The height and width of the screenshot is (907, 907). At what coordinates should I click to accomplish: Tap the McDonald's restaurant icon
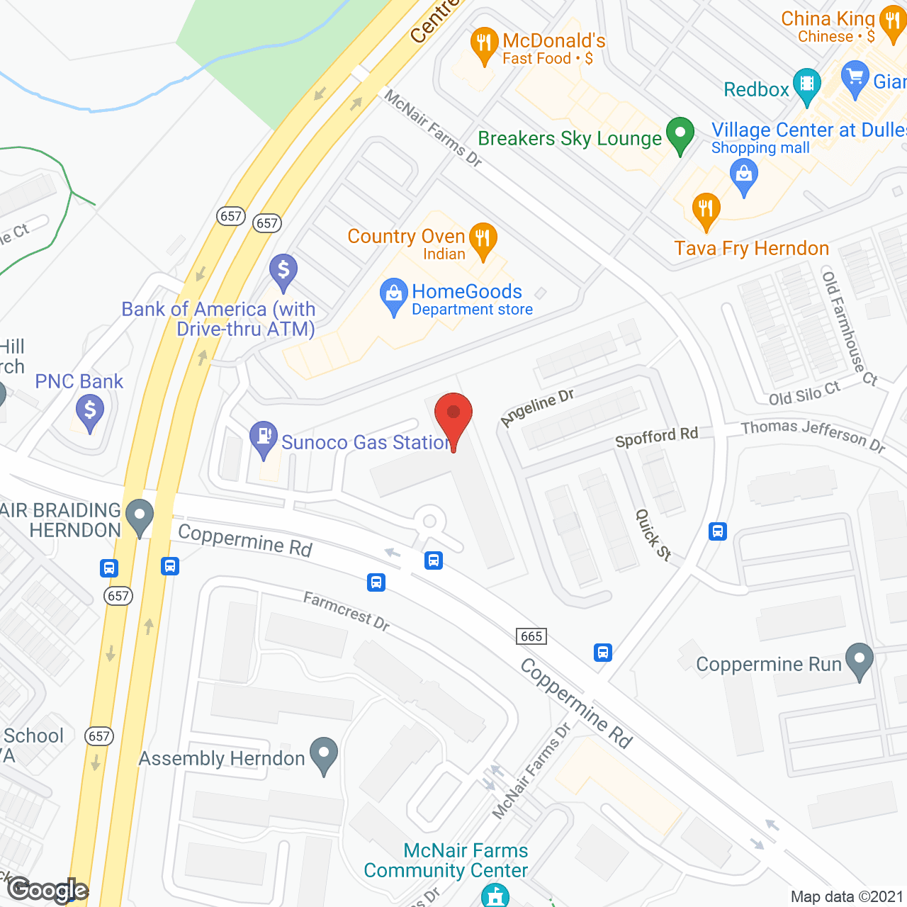click(x=484, y=45)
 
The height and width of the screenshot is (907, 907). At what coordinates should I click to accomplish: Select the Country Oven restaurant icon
click(x=483, y=239)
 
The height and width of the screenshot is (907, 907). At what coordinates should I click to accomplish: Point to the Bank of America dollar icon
click(x=283, y=271)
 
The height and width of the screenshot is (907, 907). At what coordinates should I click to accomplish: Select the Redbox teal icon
click(x=807, y=84)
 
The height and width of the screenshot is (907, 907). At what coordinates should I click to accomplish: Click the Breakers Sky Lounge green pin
click(x=680, y=134)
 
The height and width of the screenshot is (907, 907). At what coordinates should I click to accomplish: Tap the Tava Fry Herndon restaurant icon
click(x=706, y=210)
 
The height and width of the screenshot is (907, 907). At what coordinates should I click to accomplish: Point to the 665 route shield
click(x=531, y=636)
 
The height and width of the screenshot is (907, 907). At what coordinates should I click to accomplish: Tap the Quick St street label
click(x=653, y=535)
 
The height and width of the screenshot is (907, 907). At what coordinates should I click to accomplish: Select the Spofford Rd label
click(x=657, y=437)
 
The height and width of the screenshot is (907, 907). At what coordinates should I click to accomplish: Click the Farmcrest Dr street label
click(x=347, y=611)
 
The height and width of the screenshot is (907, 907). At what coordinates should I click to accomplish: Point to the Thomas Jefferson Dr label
click(x=813, y=435)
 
